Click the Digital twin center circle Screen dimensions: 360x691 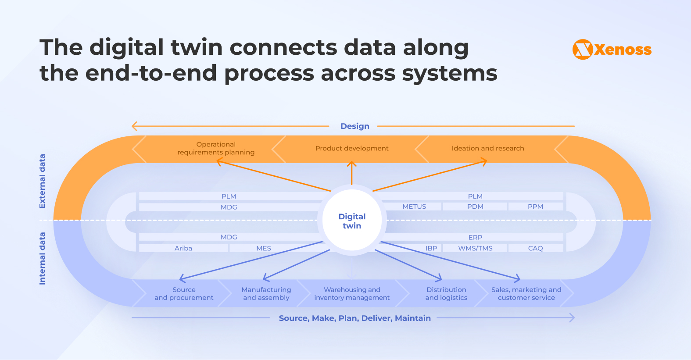pyautogui.click(x=352, y=221)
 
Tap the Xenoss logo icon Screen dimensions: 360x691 pyautogui.click(x=583, y=50)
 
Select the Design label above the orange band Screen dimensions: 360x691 pyautogui.click(x=354, y=126)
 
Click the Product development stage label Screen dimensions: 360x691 pyautogui.click(x=352, y=148)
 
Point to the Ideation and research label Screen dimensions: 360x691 pyautogui.click(x=487, y=148)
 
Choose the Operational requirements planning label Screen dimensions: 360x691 pyautogui.click(x=216, y=148)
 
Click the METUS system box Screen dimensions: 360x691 pyautogui.click(x=414, y=207)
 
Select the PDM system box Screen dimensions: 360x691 pyautogui.click(x=475, y=207)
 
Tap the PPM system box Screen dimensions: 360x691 pyautogui.click(x=535, y=207)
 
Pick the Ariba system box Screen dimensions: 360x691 pyautogui.click(x=183, y=248)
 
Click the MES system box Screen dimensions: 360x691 pyautogui.click(x=264, y=248)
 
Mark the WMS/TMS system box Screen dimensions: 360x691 pyautogui.click(x=475, y=248)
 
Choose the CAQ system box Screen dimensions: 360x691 pyautogui.click(x=535, y=248)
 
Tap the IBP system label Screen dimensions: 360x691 pyautogui.click(x=431, y=248)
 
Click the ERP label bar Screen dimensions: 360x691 pyautogui.click(x=475, y=237)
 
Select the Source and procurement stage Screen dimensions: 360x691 pyautogui.click(x=184, y=293)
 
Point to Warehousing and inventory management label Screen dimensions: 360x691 pyautogui.click(x=352, y=293)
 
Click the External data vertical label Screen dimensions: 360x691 pyautogui.click(x=42, y=181)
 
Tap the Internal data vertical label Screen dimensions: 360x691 pyautogui.click(x=42, y=258)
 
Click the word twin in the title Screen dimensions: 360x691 pyautogui.click(x=197, y=47)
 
